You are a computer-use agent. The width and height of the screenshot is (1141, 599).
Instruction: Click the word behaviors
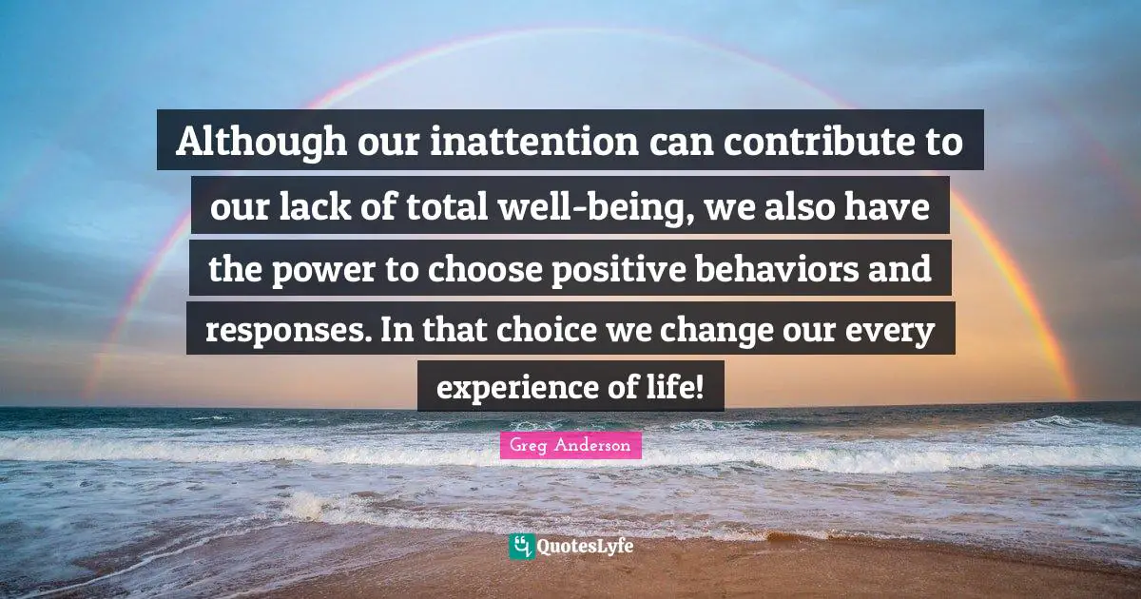click(x=811, y=269)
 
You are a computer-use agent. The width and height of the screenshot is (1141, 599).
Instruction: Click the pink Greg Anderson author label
click(x=570, y=445)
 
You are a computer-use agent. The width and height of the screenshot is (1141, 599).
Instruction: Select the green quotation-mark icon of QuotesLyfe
click(x=521, y=547)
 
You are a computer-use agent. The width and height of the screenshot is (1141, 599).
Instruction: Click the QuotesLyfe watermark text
click(x=586, y=547)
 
